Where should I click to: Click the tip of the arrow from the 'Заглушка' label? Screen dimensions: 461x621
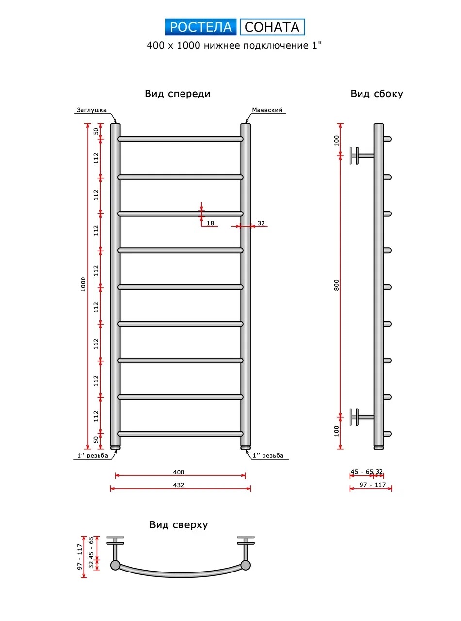pyautogui.click(x=116, y=123)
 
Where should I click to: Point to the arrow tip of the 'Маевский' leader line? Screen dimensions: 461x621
pyautogui.click(x=246, y=123)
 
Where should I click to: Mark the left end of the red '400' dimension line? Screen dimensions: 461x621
pyautogui.click(x=115, y=475)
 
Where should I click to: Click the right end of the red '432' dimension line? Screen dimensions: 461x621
pyautogui.click(x=251, y=489)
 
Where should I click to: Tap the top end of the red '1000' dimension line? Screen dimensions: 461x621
pyautogui.click(x=88, y=123)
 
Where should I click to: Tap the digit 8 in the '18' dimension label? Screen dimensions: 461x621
pyautogui.click(x=212, y=223)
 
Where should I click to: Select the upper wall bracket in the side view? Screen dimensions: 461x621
pyautogui.click(x=362, y=156)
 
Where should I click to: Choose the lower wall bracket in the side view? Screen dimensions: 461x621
pyautogui.click(x=362, y=417)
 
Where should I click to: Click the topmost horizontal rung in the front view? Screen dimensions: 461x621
pyautogui.click(x=181, y=139)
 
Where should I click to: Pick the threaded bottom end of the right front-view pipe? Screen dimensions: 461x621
pyautogui.click(x=246, y=447)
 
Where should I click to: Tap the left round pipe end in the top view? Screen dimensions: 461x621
pyautogui.click(x=115, y=565)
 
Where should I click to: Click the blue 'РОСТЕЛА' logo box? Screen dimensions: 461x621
pyautogui.click(x=201, y=27)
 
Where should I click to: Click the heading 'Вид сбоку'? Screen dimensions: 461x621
pyautogui.click(x=377, y=94)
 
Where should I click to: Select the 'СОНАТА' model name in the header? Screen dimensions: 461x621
pyautogui.click(x=272, y=27)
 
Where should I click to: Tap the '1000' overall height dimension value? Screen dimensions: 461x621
pyautogui.click(x=83, y=284)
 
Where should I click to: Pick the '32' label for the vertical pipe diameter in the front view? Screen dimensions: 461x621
pyautogui.click(x=261, y=223)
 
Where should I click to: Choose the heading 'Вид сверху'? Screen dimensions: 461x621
pyautogui.click(x=179, y=524)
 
